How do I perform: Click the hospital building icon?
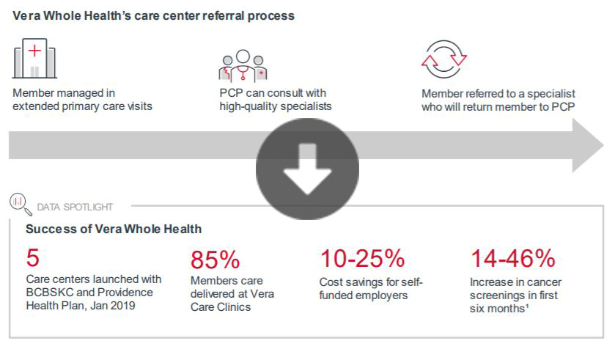point(34,58)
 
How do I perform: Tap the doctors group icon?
point(243,64)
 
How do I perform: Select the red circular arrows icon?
point(444,59)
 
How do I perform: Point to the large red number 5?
point(33,257)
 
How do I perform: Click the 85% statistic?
point(216,260)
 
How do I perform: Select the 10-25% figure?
point(362,258)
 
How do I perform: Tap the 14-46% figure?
point(512,258)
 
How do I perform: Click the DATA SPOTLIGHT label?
point(75,207)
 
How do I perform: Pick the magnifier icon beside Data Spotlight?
point(18,201)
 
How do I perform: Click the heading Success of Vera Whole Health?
point(114,229)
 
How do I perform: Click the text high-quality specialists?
point(276,106)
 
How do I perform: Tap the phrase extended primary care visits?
point(82,106)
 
